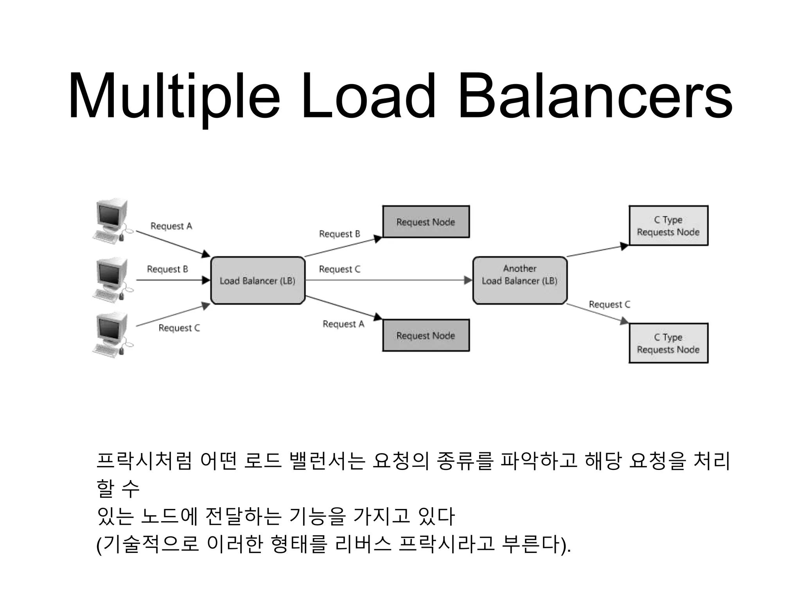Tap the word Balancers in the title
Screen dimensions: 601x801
pos(594,96)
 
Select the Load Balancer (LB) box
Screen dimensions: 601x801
pos(258,281)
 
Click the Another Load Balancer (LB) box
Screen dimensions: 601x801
pos(520,280)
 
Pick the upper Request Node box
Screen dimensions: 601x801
pos(426,222)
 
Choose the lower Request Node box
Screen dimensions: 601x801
pos(426,336)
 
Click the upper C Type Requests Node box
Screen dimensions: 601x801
pos(668,226)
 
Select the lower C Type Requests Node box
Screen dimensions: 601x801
pos(668,343)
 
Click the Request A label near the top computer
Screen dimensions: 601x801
pos(171,226)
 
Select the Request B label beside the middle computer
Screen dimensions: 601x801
pos(167,269)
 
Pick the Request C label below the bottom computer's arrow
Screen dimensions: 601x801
pos(179,328)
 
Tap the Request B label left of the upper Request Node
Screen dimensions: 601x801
pos(339,234)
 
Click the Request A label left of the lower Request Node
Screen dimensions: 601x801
pos(343,324)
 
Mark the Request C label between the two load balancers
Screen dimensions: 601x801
pos(339,269)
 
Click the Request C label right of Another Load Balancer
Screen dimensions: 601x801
pos(609,304)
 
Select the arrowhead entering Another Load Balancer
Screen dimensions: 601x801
pos(468,280)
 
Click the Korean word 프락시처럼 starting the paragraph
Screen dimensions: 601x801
pos(144,461)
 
